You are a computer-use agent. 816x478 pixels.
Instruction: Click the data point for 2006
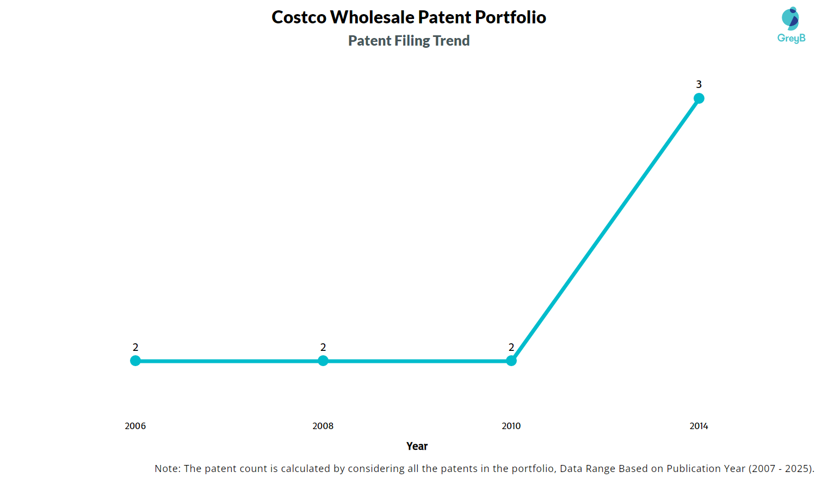pos(135,361)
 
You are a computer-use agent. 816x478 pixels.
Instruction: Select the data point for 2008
pos(323,361)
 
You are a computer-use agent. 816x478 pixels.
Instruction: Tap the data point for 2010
pos(511,361)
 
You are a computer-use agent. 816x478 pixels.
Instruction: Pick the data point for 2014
pos(699,98)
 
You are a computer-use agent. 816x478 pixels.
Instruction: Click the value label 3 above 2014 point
pos(699,84)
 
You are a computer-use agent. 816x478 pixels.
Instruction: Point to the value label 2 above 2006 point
pos(135,347)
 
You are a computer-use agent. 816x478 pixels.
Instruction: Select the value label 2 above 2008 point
pos(323,347)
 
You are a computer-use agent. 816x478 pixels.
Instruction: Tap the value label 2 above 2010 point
pos(511,347)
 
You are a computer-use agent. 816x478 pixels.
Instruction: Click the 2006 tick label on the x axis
pos(135,426)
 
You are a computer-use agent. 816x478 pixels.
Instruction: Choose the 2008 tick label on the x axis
pos(323,426)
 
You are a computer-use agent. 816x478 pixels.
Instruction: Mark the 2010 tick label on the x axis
pos(511,426)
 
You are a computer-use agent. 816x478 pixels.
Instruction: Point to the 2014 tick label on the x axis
pos(699,426)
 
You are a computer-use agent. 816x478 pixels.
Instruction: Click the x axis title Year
pos(417,446)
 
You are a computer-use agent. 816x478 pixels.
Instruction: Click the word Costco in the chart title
pos(299,17)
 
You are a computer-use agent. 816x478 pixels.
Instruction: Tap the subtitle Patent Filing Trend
pos(409,41)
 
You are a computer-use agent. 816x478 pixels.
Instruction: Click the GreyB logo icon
pos(790,18)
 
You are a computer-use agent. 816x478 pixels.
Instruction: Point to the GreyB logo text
pos(792,38)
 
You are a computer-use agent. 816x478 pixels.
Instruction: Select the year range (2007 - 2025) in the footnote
pos(781,468)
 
